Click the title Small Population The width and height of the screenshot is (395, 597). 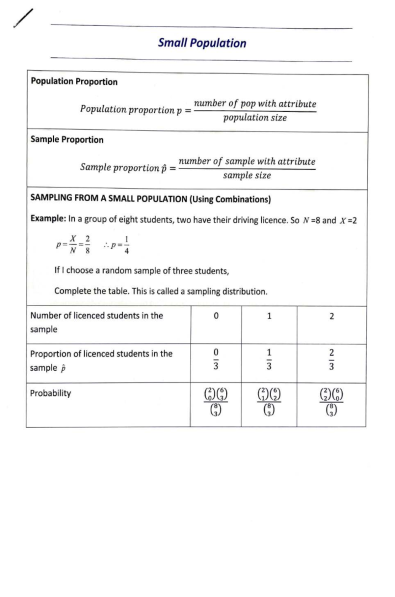point(202,43)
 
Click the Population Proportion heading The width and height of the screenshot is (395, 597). point(74,81)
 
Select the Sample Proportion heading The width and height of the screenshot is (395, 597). point(67,139)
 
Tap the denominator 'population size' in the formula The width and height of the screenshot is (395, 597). point(255,118)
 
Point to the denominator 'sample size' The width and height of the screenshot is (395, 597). point(247,175)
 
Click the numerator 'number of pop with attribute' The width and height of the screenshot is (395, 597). point(255,103)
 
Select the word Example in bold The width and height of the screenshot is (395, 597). point(48,218)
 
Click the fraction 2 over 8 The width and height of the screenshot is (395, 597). point(87,244)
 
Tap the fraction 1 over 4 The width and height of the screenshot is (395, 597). point(127,245)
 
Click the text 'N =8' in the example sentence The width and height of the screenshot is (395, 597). point(311,220)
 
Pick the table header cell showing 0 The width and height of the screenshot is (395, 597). point(216,316)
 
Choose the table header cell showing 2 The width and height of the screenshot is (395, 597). point(331,316)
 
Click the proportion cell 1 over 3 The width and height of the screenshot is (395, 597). point(269,359)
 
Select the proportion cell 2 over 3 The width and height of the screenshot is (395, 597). point(331,359)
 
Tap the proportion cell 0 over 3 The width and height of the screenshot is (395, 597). point(216,359)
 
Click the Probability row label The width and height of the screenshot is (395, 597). point(50,393)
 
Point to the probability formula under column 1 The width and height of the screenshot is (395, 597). point(269,402)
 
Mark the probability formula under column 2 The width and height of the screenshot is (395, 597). point(331,402)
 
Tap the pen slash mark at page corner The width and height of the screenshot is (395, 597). point(23,18)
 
